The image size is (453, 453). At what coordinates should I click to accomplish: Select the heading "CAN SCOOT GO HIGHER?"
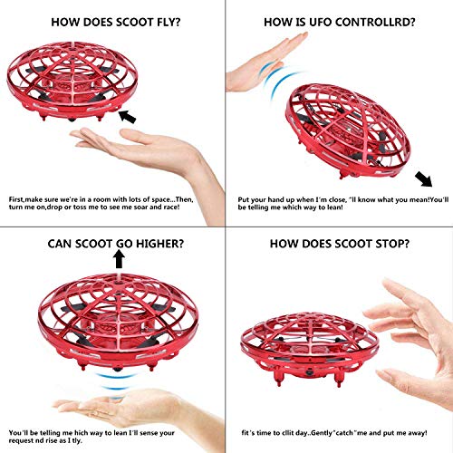115,243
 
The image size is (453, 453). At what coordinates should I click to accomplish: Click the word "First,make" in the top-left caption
26,197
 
